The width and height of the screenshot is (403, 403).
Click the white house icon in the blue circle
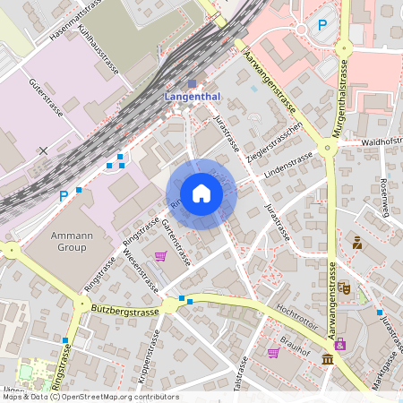(201, 193)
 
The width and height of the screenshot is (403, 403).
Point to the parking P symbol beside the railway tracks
(64, 195)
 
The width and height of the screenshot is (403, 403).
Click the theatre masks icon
(344, 288)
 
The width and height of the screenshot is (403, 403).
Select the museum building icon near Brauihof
(328, 360)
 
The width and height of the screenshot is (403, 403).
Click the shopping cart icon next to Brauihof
(273, 352)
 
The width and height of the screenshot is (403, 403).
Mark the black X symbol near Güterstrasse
(43, 150)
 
